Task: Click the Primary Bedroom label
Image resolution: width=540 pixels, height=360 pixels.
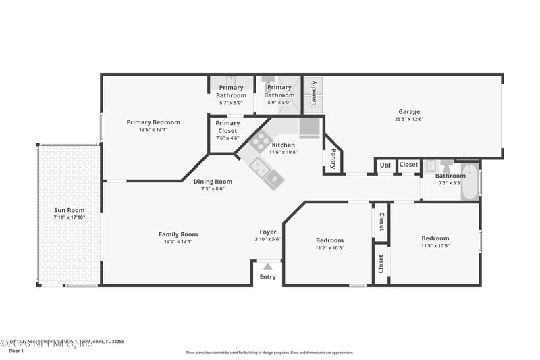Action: [153, 122]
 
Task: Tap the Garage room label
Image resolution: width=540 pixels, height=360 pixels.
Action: [408, 112]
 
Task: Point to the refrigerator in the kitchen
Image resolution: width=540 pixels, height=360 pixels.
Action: [310, 127]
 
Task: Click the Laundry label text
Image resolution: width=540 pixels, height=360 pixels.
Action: [313, 94]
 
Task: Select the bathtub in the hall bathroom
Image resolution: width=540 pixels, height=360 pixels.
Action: [469, 182]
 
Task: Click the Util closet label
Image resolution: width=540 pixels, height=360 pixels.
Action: [385, 165]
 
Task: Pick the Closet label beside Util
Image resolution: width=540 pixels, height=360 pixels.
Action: [408, 165]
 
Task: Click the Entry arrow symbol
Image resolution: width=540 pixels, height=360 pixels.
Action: [267, 267]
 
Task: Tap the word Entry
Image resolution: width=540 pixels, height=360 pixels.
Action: [268, 277]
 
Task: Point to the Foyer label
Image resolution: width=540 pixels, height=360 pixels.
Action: [268, 232]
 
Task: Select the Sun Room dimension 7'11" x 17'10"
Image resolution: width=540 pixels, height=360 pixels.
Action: [69, 217]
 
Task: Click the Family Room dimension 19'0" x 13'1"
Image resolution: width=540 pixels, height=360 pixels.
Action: [178, 242]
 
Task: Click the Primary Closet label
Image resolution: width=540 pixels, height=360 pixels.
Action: [227, 123]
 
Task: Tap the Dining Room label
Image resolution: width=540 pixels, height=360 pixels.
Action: [213, 181]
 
